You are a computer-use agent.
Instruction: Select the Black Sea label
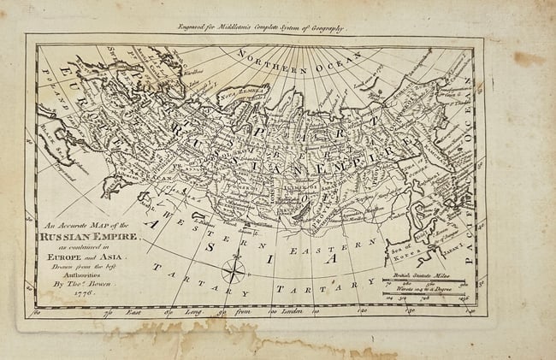pyautogui.click(x=51, y=154)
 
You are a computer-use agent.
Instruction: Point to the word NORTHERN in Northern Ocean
pyautogui.click(x=269, y=56)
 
